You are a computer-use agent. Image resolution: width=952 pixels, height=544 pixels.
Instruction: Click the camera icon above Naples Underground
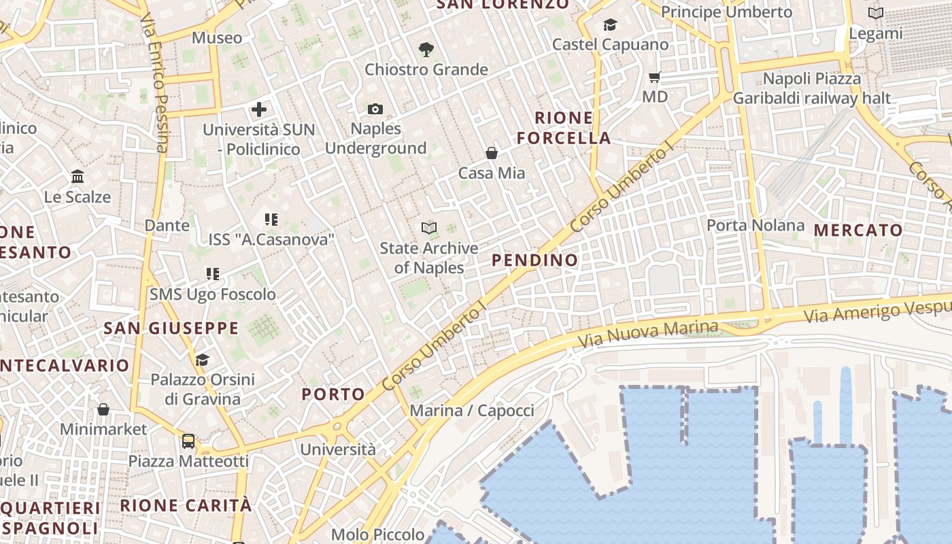pos(375,109)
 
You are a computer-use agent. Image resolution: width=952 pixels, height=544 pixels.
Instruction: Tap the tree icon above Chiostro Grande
pos(426,49)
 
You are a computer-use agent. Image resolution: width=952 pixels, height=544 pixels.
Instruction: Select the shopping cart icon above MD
pos(655,77)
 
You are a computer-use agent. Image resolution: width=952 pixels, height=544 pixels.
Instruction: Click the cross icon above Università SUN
pos(259,109)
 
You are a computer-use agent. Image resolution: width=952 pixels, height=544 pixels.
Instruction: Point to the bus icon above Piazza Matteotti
pos(188,441)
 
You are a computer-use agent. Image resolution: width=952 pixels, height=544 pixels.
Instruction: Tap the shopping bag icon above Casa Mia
pos(491,153)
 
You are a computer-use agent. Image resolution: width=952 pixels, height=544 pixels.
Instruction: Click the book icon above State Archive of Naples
pos(428,228)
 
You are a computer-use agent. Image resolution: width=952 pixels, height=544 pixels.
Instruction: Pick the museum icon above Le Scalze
pos(78,177)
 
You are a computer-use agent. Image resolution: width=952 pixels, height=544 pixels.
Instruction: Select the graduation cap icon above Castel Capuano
pos(610,25)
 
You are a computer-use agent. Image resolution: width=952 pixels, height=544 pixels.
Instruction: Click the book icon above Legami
pos(876,13)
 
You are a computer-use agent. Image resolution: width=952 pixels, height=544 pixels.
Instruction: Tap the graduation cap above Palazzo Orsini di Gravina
pos(202,359)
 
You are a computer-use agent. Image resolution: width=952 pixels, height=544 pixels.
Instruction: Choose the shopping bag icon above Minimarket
pos(103,409)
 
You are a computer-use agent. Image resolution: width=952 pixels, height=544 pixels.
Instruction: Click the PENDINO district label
pos(534,260)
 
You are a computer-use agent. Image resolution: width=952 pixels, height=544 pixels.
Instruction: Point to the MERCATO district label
pos(858,230)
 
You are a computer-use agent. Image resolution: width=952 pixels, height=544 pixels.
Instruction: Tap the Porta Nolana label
pos(755,225)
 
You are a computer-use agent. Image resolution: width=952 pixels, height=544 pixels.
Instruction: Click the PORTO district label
pos(333,394)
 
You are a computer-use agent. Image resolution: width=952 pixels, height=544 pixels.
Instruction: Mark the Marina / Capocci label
pos(472,411)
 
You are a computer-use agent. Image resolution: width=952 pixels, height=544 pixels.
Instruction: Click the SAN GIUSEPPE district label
pos(171,328)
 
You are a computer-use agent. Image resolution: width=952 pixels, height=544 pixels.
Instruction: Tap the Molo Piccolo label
pos(378,534)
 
